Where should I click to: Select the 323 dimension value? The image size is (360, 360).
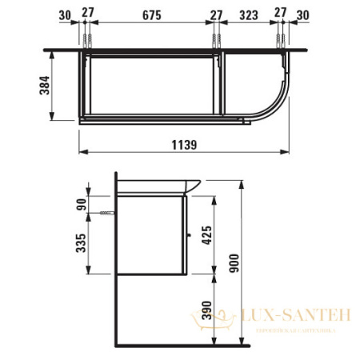pyautogui.click(x=249, y=15)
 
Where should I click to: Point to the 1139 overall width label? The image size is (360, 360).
pyautogui.click(x=184, y=146)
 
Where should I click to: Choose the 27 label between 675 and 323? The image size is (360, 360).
pyautogui.click(x=215, y=15)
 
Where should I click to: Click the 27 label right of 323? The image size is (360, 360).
pyautogui.click(x=279, y=15)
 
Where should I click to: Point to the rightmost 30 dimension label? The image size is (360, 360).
pyautogui.click(x=302, y=15)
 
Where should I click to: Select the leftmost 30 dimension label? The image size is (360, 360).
pyautogui.click(x=64, y=15)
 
